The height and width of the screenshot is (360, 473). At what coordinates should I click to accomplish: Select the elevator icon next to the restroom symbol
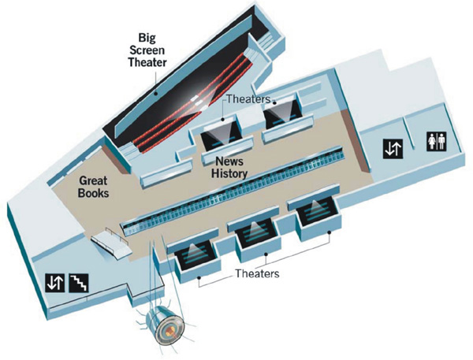click(392, 147)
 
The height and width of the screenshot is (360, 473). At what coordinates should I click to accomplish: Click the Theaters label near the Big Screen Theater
click(249, 100)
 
